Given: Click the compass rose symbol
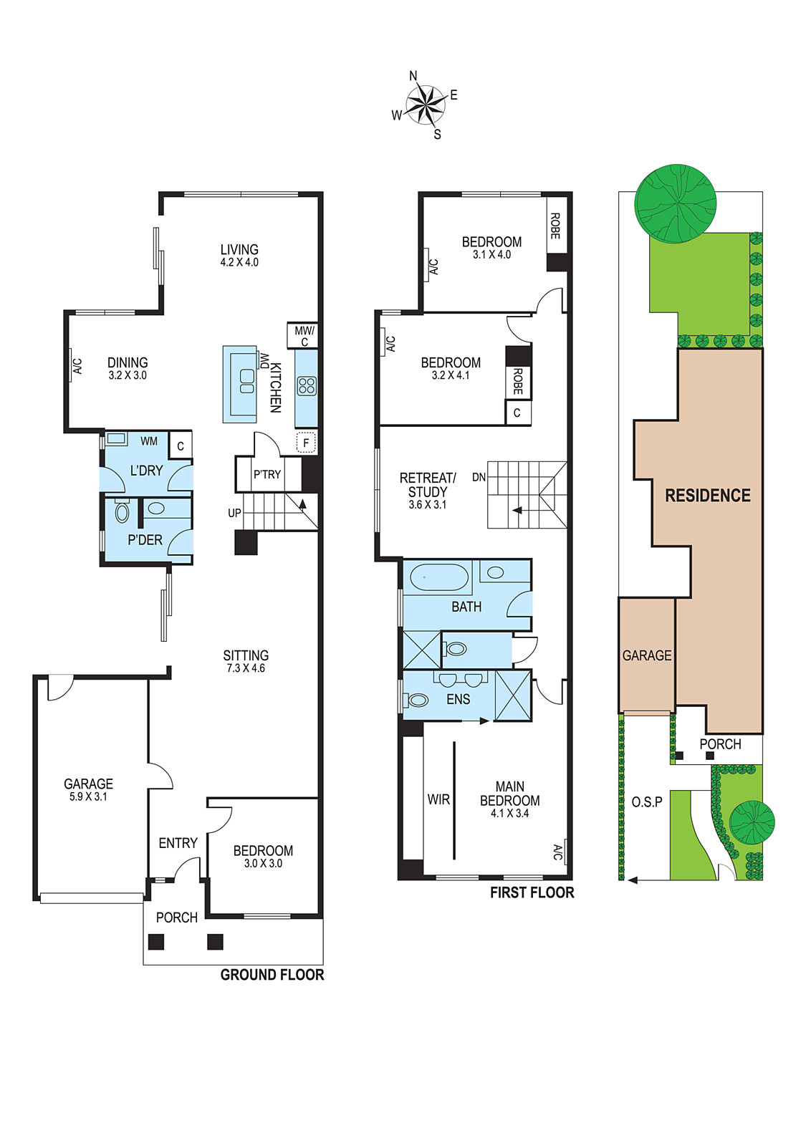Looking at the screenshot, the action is click(424, 105).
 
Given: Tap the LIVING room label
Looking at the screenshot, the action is click(239, 250).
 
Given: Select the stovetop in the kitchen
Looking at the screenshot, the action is click(307, 386).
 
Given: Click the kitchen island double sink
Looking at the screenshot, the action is click(247, 380).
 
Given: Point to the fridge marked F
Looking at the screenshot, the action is click(306, 443).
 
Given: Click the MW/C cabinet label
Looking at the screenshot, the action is click(305, 336).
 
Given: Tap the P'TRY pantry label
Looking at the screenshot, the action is click(267, 474).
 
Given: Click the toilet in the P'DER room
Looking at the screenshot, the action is click(122, 511).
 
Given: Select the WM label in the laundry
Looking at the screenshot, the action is click(149, 441).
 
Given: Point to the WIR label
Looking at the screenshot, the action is click(438, 799).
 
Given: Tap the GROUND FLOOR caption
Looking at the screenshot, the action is click(272, 975).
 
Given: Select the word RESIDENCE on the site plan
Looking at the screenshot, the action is click(708, 495).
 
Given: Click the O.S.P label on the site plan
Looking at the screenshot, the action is click(647, 801).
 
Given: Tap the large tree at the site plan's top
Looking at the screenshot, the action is click(676, 203).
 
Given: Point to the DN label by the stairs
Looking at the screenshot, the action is click(479, 477).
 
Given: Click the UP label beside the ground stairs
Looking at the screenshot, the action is click(234, 513).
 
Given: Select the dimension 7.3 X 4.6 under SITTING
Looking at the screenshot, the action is click(246, 668).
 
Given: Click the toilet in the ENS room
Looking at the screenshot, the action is click(416, 699).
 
